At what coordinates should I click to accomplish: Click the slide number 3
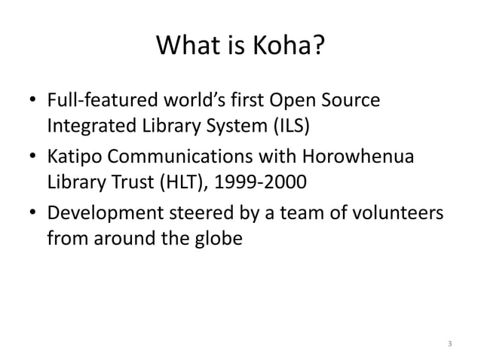[450, 343]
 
